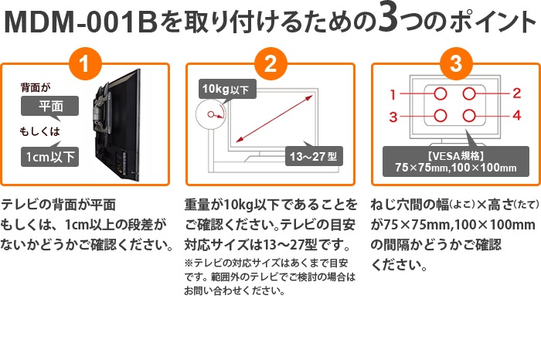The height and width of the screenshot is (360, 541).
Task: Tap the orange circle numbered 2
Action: click(x=270, y=63)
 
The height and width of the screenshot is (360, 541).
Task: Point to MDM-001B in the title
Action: click(x=80, y=22)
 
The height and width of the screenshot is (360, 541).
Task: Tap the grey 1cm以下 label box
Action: click(x=49, y=157)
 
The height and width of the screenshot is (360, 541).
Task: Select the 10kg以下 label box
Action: click(x=226, y=89)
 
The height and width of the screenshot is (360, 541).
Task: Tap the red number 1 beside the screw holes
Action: click(x=393, y=94)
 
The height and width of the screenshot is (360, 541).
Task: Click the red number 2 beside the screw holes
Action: click(x=516, y=93)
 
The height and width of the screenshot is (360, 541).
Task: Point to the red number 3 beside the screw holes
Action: click(x=393, y=117)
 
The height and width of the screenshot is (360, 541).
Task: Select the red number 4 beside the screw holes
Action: click(x=516, y=116)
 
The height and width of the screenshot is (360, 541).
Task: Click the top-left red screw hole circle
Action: click(x=440, y=93)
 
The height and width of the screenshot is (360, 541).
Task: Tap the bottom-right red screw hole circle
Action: click(x=469, y=117)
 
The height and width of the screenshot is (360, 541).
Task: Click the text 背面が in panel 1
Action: click(x=35, y=88)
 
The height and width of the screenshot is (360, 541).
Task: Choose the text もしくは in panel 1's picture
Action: click(x=39, y=134)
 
